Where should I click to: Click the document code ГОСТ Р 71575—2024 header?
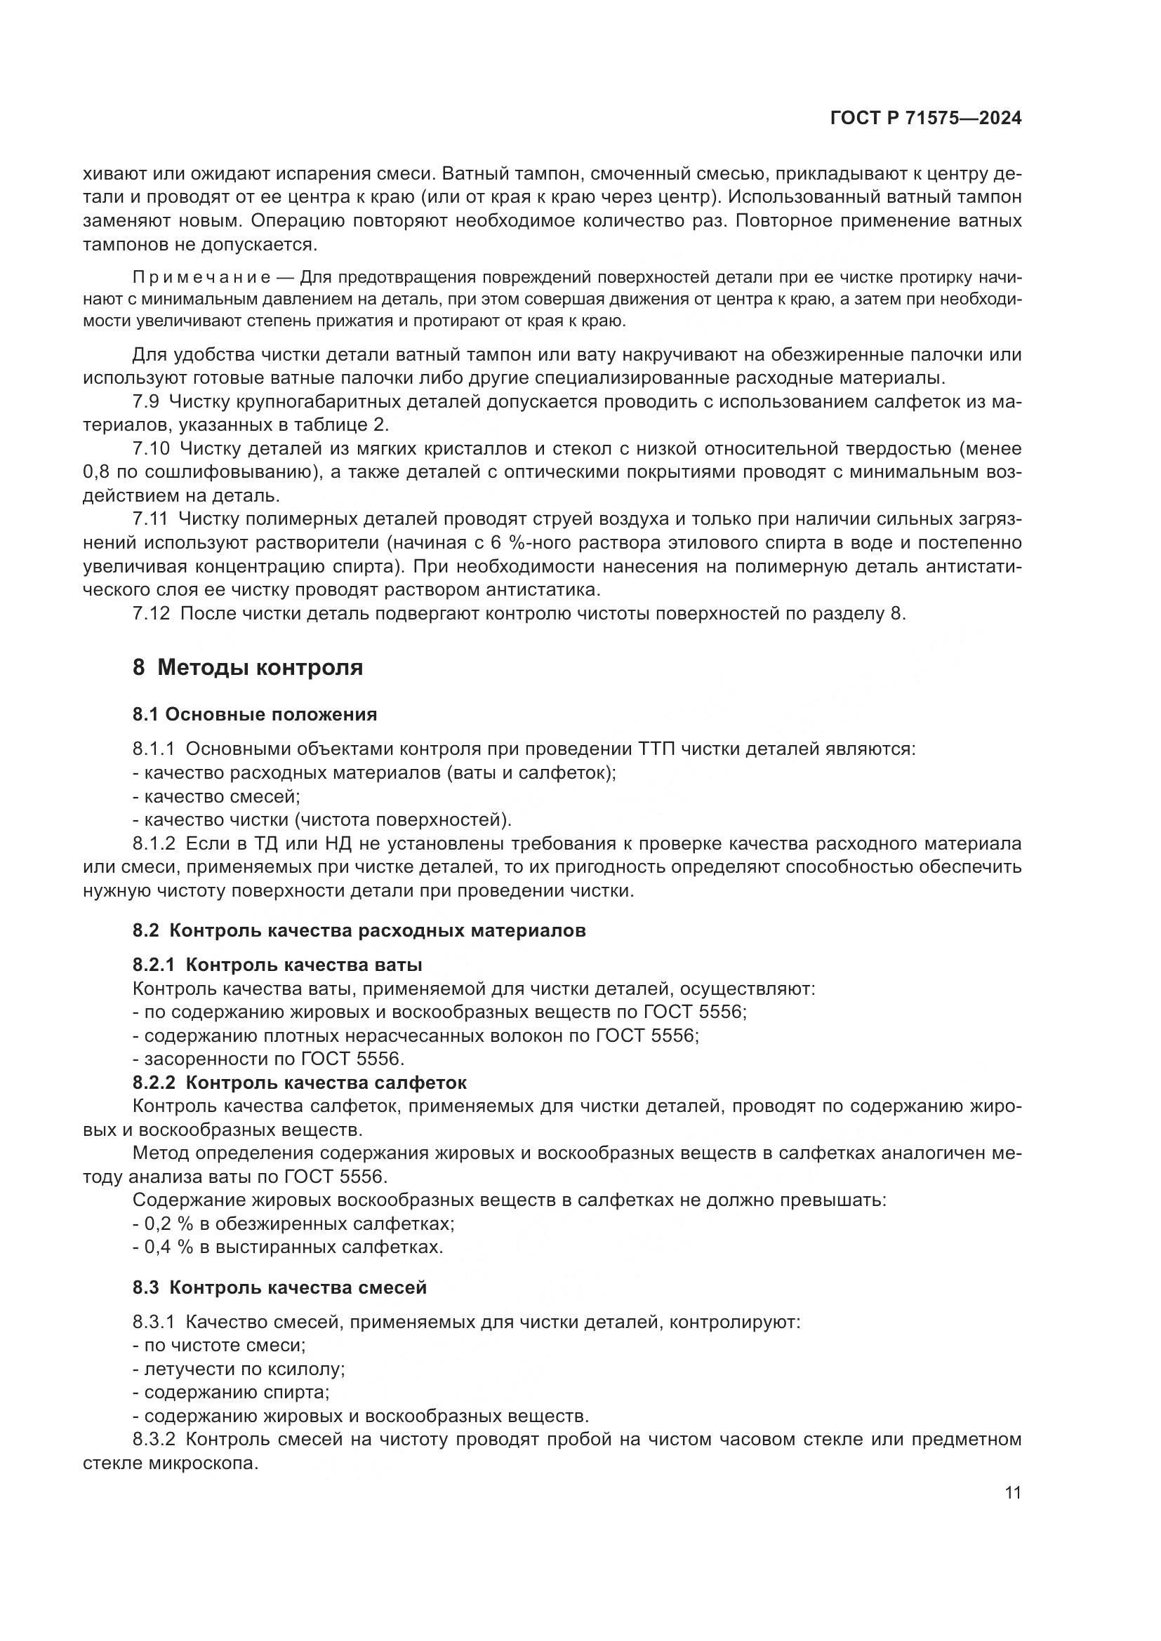click(926, 119)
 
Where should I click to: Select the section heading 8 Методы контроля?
click(247, 667)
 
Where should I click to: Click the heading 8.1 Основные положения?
click(255, 715)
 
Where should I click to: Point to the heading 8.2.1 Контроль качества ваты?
click(277, 965)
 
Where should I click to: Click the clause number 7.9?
click(146, 402)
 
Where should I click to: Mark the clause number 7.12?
click(151, 613)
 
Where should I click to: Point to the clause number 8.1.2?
click(154, 844)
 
